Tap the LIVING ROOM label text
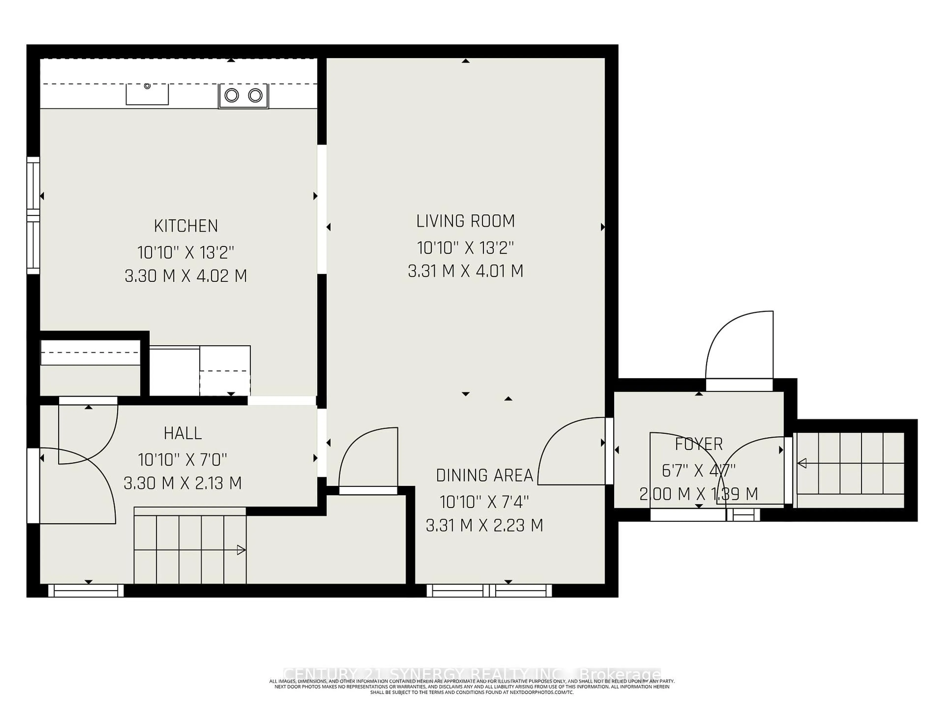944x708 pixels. (466, 221)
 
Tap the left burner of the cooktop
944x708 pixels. (231, 95)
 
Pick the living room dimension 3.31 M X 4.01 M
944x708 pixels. (466, 271)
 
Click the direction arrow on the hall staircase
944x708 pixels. (241, 550)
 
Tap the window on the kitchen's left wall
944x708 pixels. (33, 216)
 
